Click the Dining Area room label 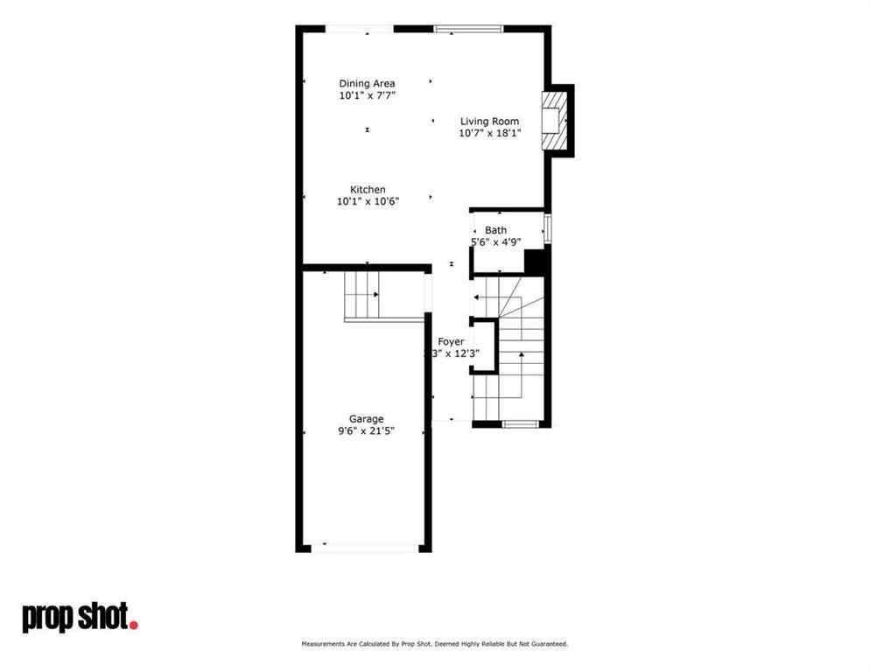pyautogui.click(x=367, y=84)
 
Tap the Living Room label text pyautogui.click(x=489, y=122)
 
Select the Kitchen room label pyautogui.click(x=368, y=190)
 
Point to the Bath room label pyautogui.click(x=495, y=230)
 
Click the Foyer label pyautogui.click(x=451, y=341)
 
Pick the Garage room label pyautogui.click(x=366, y=419)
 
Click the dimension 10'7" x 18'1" pyautogui.click(x=489, y=134)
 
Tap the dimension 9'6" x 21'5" pyautogui.click(x=366, y=431)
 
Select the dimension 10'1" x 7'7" pyautogui.click(x=367, y=95)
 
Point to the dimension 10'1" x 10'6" pyautogui.click(x=368, y=201)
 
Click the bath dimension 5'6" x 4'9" pyautogui.click(x=495, y=242)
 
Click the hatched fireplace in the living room pyautogui.click(x=552, y=121)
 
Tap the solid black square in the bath pyautogui.click(x=536, y=262)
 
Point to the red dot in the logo pyautogui.click(x=134, y=624)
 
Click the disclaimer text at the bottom pyautogui.click(x=435, y=644)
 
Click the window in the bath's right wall pyautogui.click(x=548, y=229)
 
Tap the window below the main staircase pyautogui.click(x=520, y=424)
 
